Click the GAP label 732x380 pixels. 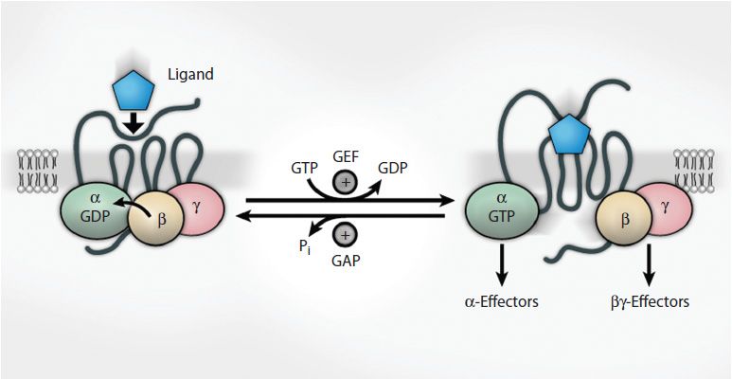[x=346, y=257]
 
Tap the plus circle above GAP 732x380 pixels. [x=346, y=233]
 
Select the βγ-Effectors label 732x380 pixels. [x=649, y=301]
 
